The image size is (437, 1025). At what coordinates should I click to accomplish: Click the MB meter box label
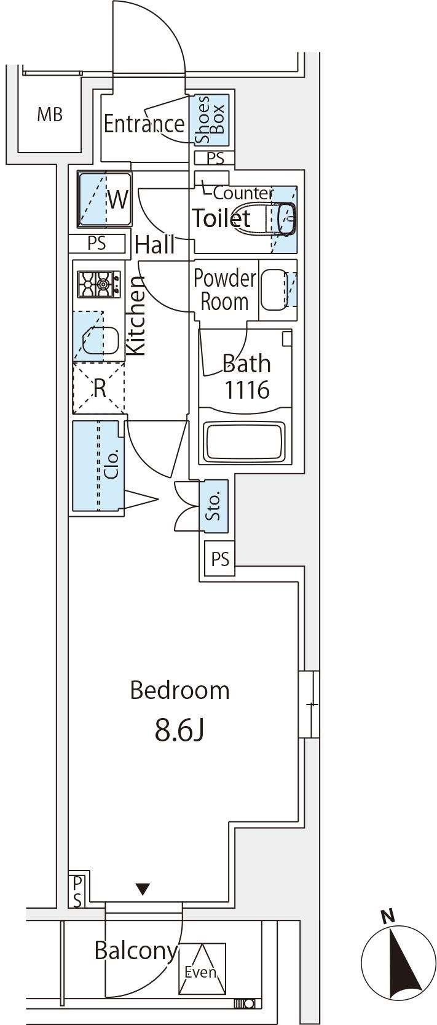pos(50,114)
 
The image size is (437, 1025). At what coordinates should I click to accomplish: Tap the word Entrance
pos(143,124)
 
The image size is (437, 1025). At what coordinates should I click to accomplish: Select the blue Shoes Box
pos(212,120)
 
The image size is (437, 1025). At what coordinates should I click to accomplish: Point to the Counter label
pos(243,193)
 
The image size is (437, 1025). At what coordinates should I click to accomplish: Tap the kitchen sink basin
pos(100,341)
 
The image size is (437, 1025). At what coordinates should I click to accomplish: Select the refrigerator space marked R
pos(99,388)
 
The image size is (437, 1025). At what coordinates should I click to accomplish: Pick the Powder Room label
pos(224,290)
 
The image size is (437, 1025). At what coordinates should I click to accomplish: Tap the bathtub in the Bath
pos(245,441)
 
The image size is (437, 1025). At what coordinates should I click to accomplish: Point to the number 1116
pos(246,390)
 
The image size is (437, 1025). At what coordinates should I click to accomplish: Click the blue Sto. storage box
pos(214,506)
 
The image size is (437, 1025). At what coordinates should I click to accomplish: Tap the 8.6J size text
pos(179,730)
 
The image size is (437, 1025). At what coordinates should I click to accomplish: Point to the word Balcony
pos(135,951)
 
